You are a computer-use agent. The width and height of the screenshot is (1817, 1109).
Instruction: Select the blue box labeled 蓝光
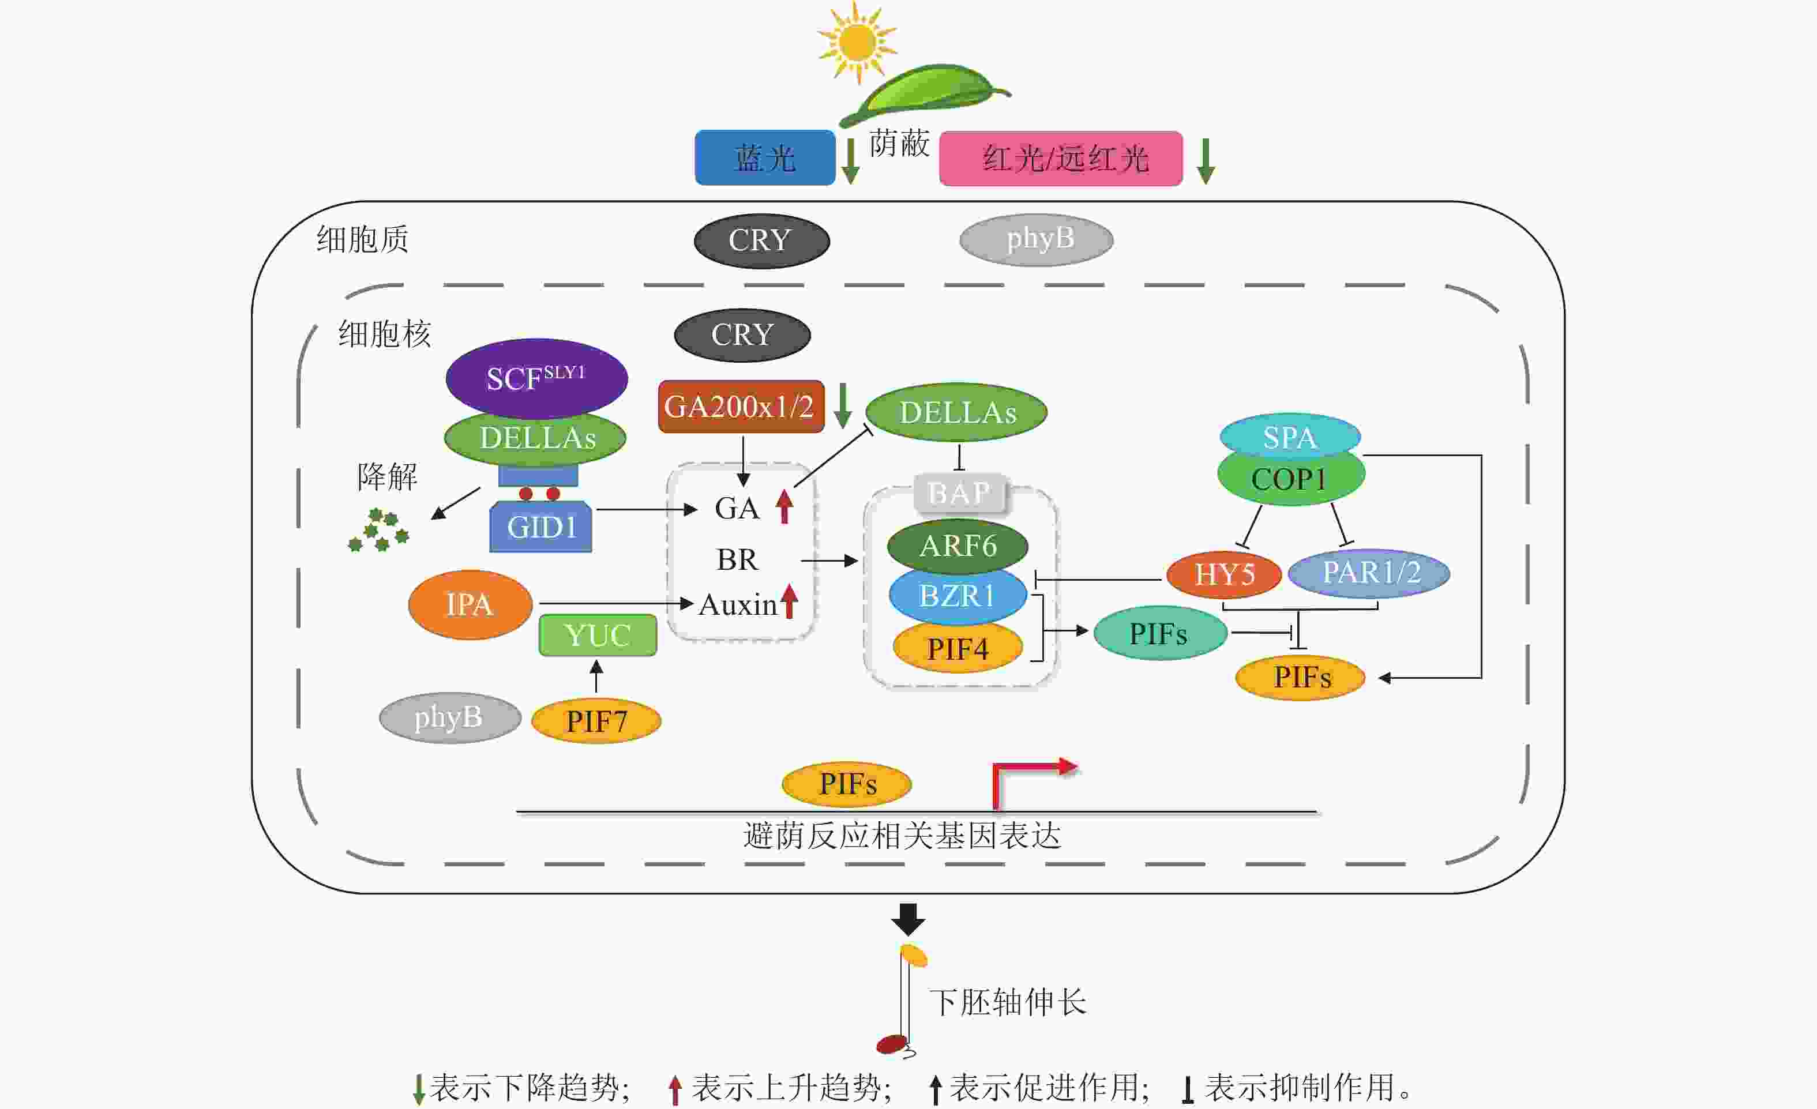tap(765, 158)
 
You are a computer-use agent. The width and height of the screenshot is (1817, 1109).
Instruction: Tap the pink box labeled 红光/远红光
tap(1060, 159)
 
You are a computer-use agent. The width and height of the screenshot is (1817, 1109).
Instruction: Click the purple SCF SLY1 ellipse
tap(536, 378)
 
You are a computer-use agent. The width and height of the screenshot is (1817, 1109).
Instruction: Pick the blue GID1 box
tap(540, 527)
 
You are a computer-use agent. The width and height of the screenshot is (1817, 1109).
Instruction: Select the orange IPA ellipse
tap(470, 604)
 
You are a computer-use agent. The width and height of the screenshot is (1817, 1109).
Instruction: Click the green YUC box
tap(598, 635)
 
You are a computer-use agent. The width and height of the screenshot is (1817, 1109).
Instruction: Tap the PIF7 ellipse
tap(596, 720)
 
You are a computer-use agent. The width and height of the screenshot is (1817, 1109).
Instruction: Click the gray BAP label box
tap(959, 493)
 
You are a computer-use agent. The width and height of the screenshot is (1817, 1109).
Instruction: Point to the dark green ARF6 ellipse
tap(957, 546)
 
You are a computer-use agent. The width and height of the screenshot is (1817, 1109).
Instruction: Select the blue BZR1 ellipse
tap(957, 595)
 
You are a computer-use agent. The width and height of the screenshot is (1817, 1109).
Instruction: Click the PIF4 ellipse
tap(957, 648)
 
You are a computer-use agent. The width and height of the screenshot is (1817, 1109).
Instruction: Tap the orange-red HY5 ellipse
tap(1224, 574)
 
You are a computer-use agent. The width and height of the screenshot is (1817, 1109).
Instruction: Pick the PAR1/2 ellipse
tap(1369, 572)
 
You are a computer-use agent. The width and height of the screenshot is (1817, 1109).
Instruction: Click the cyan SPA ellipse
tap(1289, 437)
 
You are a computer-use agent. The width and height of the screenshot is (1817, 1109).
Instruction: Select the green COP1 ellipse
tap(1290, 479)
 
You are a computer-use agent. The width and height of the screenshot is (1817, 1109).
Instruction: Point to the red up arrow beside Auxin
tap(790, 601)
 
